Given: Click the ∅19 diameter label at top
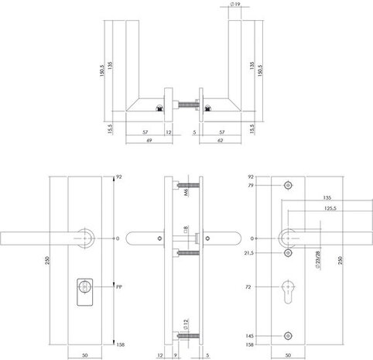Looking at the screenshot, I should coord(234,6).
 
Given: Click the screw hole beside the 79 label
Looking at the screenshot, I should coord(289,186).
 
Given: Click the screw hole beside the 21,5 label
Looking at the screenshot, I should coord(289,252).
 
